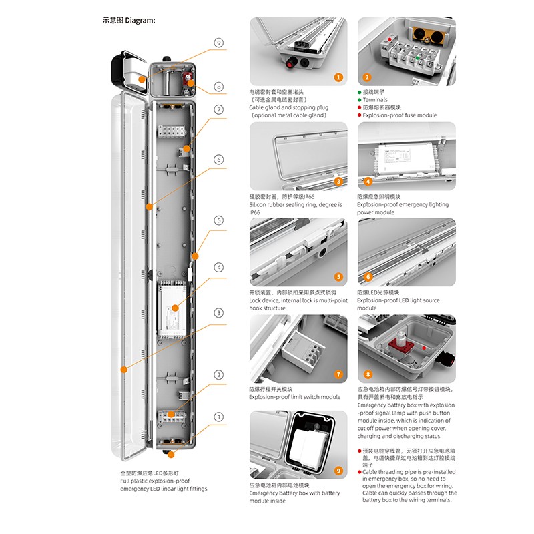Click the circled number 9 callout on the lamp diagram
pyautogui.click(x=218, y=43)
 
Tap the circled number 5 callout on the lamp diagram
pyautogui.click(x=218, y=220)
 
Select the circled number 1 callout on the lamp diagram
pyautogui.click(x=218, y=417)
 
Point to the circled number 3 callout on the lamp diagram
pyautogui.click(x=218, y=313)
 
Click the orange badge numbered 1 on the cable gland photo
pyautogui.click(x=338, y=77)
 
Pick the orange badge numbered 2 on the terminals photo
pyautogui.click(x=366, y=77)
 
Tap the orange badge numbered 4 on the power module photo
pyautogui.click(x=366, y=181)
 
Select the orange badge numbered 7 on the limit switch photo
pyautogui.click(x=338, y=375)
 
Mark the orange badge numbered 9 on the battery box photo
pyautogui.click(x=338, y=471)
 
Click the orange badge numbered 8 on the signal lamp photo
pyautogui.click(x=366, y=375)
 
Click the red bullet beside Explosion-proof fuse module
pyautogui.click(x=360, y=115)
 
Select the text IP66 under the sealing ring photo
pyautogui.click(x=254, y=212)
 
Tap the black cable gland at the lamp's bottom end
pyautogui.click(x=172, y=455)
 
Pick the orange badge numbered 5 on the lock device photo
pyautogui.click(x=338, y=277)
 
